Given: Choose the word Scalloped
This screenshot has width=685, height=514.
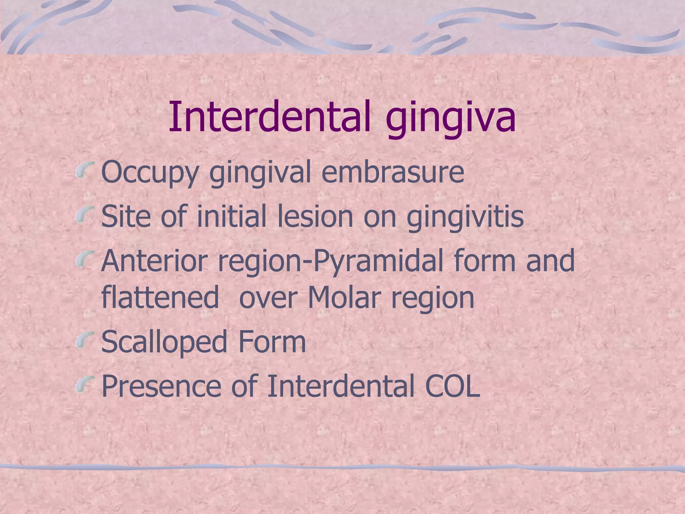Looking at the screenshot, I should pos(164,342).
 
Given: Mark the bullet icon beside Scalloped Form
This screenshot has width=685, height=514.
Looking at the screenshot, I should pos(85,339).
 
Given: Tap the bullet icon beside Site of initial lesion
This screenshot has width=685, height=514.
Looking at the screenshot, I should pos(85,215).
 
